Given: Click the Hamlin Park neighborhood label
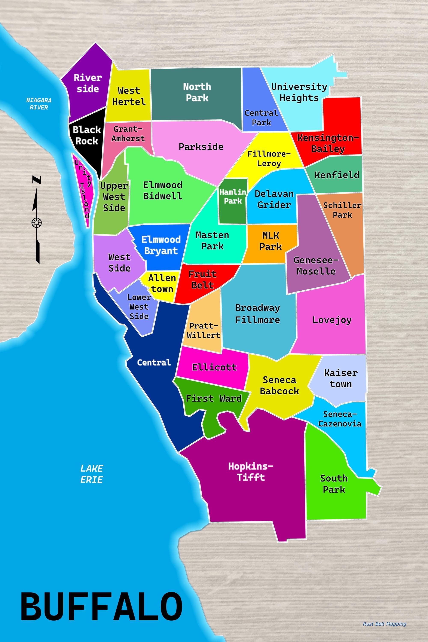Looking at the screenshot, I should [x=233, y=196].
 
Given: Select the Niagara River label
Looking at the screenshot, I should [x=39, y=104].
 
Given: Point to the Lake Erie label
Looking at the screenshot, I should [x=91, y=474].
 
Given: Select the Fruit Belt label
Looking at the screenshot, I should [x=202, y=279].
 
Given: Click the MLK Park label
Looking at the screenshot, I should [x=270, y=241].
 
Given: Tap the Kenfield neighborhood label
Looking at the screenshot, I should [x=337, y=175].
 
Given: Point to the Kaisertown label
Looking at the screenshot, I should [x=341, y=378].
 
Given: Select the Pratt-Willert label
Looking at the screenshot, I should [x=204, y=330].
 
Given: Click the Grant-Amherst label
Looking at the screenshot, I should [x=128, y=134].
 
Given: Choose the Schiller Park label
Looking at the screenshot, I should [x=342, y=210].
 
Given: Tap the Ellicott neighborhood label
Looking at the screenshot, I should [x=214, y=367].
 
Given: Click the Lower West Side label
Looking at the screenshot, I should [x=139, y=307].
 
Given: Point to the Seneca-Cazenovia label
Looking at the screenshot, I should [x=340, y=419].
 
